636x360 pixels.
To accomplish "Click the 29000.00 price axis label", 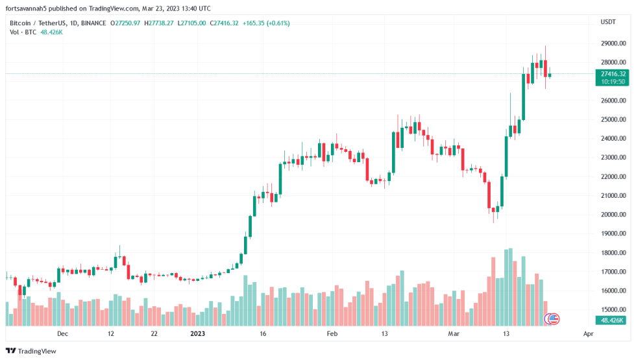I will [612, 43].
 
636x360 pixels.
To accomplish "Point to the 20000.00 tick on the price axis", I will [612, 215].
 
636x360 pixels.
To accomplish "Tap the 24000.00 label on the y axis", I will [612, 139].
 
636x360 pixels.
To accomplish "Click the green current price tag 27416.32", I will [613, 74].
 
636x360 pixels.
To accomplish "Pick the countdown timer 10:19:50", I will [613, 82].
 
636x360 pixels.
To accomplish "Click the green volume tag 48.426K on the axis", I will [613, 320].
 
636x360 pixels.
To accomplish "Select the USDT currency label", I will [608, 23].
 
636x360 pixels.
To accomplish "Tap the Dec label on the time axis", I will [62, 334].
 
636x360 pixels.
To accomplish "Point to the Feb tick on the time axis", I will [332, 334].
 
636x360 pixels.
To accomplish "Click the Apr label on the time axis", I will [588, 334].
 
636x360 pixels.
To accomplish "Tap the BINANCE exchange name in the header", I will [93, 23].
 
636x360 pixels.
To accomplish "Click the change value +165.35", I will [254, 23].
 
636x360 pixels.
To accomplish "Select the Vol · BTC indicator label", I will [23, 32].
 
